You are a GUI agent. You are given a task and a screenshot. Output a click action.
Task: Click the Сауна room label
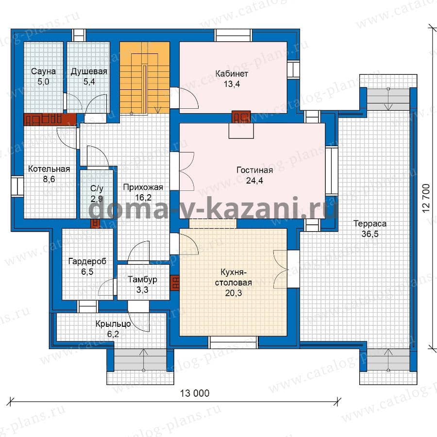tap(43, 71)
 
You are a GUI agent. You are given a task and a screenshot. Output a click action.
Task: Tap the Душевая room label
tap(89, 72)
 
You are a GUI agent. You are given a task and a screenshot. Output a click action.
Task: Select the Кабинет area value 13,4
tap(232, 84)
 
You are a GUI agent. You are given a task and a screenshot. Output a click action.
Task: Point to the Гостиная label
tap(254, 170)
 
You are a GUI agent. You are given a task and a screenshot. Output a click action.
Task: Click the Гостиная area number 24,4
tap(254, 181)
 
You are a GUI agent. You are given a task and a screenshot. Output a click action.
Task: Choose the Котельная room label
tap(49, 169)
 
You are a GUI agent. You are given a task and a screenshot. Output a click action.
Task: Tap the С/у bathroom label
tap(97, 188)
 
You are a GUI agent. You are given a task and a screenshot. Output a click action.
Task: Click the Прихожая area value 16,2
tap(143, 198)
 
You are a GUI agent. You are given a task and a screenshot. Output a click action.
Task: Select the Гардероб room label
tap(87, 261)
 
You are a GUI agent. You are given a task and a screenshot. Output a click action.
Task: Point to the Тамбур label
tap(142, 279)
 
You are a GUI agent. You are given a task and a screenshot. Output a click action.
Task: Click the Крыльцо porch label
tap(113, 324)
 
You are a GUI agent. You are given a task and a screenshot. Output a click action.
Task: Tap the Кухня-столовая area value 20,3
tap(234, 293)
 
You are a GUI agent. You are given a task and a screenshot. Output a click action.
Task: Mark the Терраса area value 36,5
tap(370, 234)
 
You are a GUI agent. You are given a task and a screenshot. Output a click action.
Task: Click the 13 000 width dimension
tap(195, 393)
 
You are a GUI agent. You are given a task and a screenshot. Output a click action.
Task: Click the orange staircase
tap(145, 78)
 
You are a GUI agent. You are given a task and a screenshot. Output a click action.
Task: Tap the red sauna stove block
tap(50, 119)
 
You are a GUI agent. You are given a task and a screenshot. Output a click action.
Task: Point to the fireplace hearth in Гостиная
tap(241, 131)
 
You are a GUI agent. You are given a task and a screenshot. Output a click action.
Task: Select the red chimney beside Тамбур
tap(175, 283)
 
